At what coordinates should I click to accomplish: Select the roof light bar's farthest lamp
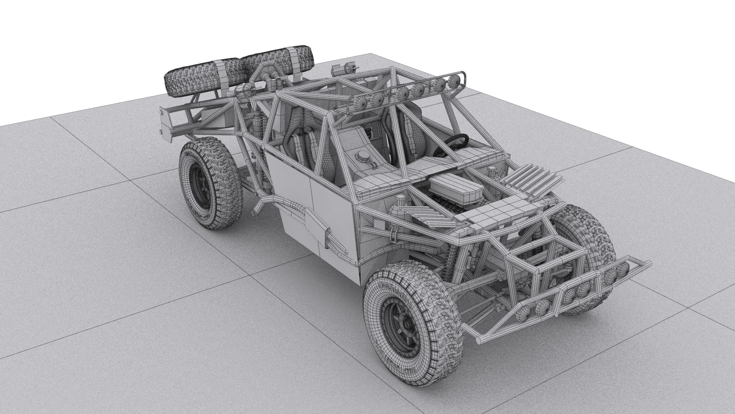click(x=455, y=80)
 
